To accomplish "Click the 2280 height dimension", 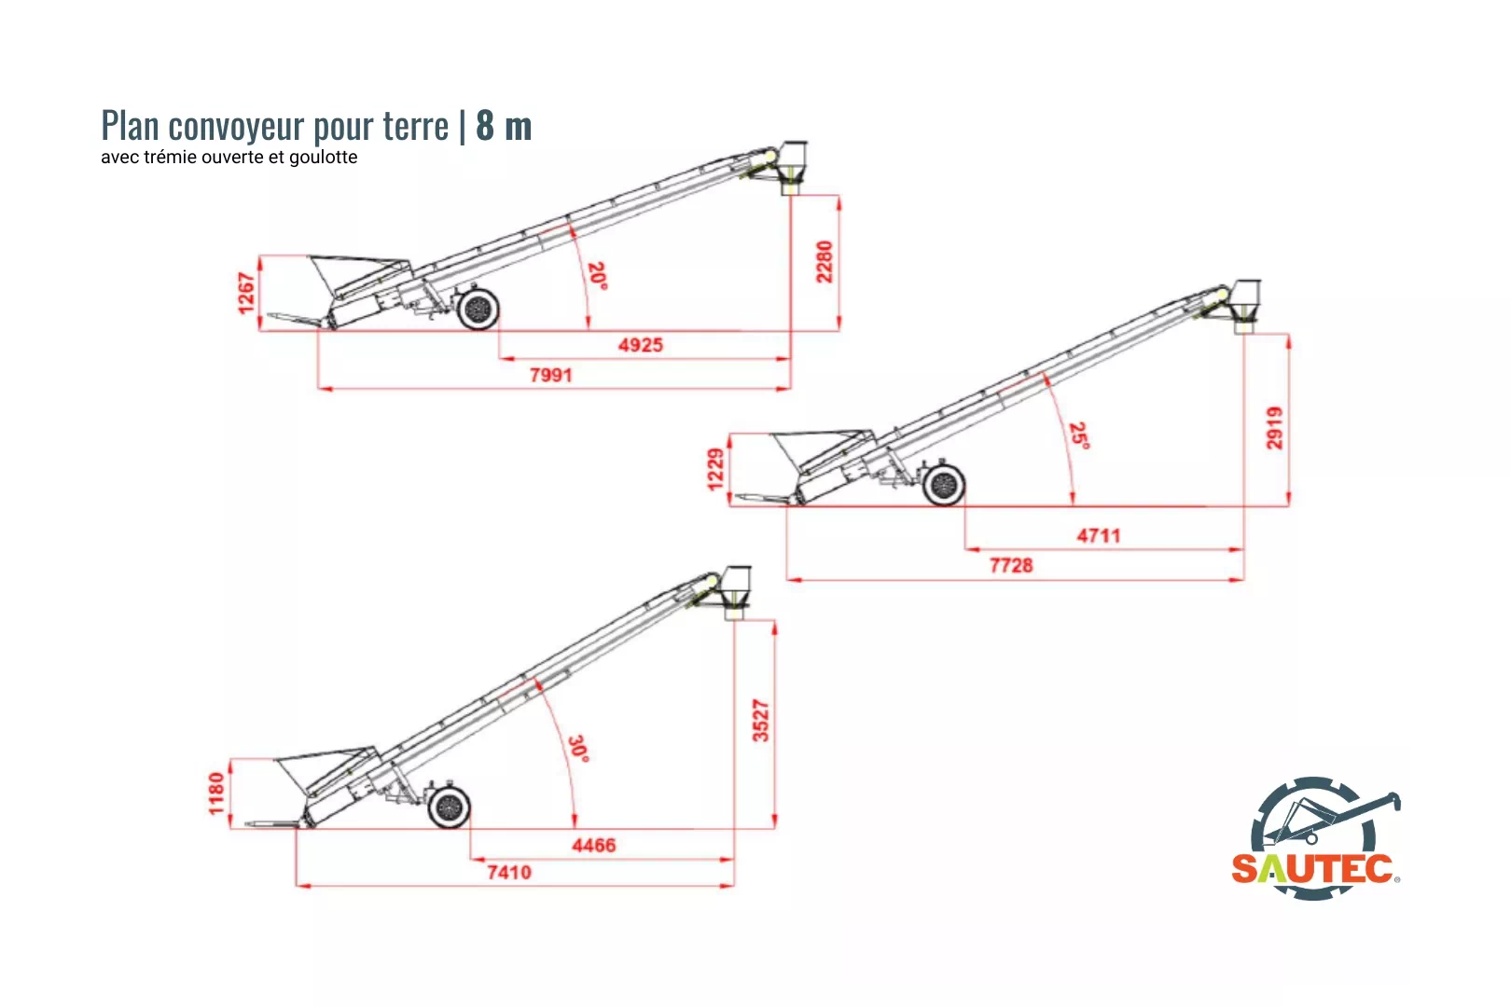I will pos(824,262).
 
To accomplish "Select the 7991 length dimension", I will pos(550,375).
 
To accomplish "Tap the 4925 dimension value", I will pos(641,345).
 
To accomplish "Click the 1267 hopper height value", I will pos(245,293).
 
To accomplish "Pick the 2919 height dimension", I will pos(1274,428).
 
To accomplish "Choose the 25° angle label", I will pos(1079,435).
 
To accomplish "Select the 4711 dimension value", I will pos(1098,536).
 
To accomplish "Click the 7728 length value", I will pos(1011,565).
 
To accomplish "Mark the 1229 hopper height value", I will pos(715,469).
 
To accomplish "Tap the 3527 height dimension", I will pos(761,721).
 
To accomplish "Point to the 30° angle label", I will pos(578,749).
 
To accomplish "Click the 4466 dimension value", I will pos(593,846).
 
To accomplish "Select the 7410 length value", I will pos(509,873).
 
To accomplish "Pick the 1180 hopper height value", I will pos(216,793).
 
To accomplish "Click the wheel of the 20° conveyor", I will pos(478,310).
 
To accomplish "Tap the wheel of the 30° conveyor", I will pos(450,807).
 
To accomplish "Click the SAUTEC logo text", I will pos(1313,869).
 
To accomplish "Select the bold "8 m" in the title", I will pos(504,126).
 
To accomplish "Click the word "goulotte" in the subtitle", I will pos(323,158).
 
